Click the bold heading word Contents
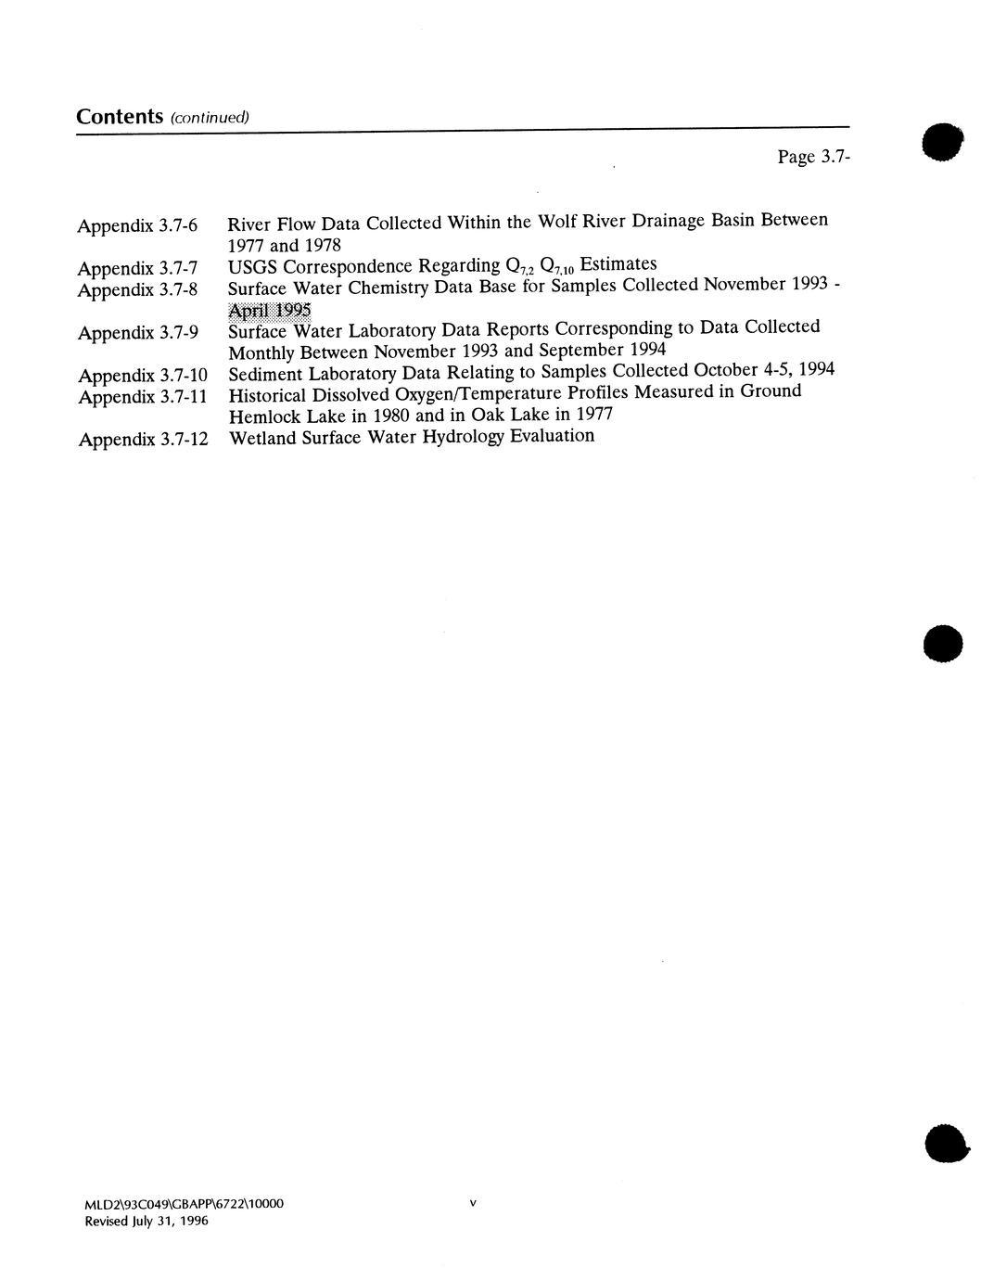click(x=119, y=117)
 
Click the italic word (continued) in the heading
click(x=210, y=118)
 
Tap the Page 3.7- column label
click(x=813, y=157)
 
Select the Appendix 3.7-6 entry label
click(x=137, y=225)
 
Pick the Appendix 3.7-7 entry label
click(x=137, y=268)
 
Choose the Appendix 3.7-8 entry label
click(x=137, y=290)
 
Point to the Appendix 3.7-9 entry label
click(x=137, y=332)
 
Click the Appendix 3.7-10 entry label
click(x=142, y=376)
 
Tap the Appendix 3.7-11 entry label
click(x=142, y=397)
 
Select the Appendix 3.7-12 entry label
click(x=143, y=439)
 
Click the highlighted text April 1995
click(x=269, y=310)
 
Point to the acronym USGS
click(x=252, y=267)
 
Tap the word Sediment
click(x=265, y=373)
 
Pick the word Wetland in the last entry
click(x=262, y=437)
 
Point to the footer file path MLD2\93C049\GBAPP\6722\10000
click(x=184, y=1204)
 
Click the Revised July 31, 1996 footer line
click(x=147, y=1221)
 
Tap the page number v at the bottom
click(x=473, y=1203)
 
